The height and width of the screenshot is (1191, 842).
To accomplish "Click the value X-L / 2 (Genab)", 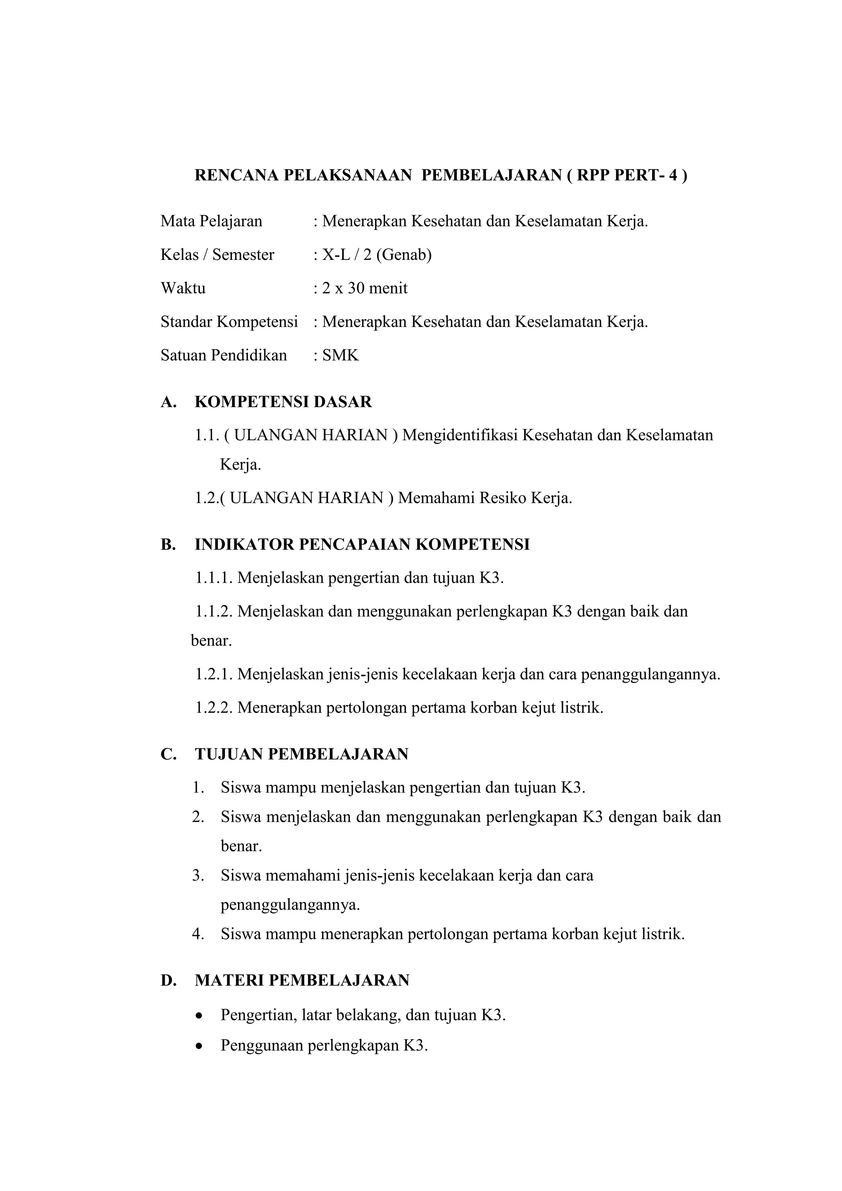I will click(x=377, y=255).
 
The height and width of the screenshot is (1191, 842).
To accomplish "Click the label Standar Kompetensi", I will click(x=229, y=322).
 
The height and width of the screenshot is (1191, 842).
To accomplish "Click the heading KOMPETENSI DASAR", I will click(x=283, y=402).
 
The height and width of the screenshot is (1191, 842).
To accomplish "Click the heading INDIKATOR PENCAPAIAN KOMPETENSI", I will click(x=362, y=545).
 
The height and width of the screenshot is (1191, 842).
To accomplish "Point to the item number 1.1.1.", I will click(x=214, y=578).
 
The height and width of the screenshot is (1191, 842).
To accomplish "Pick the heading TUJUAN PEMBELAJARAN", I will click(x=301, y=754).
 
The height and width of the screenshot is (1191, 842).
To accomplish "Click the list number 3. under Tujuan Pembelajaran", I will click(x=199, y=876).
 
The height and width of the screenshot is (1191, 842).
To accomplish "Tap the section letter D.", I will click(x=168, y=980).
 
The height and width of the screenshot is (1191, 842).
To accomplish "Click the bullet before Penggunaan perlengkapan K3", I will click(x=199, y=1046).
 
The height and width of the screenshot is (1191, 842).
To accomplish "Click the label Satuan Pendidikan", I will click(x=224, y=355).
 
